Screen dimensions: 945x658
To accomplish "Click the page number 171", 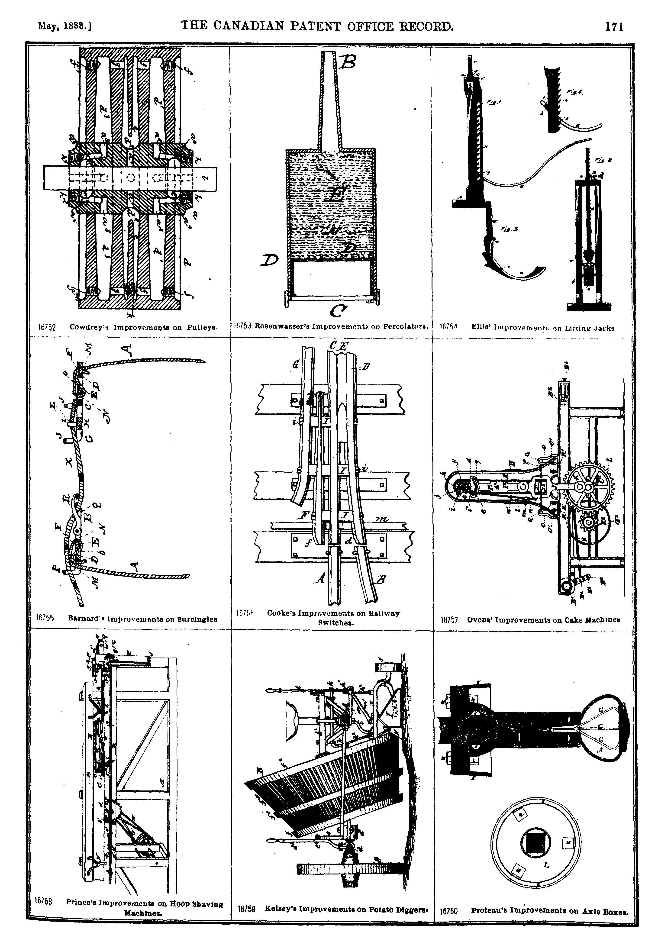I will [614, 27].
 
